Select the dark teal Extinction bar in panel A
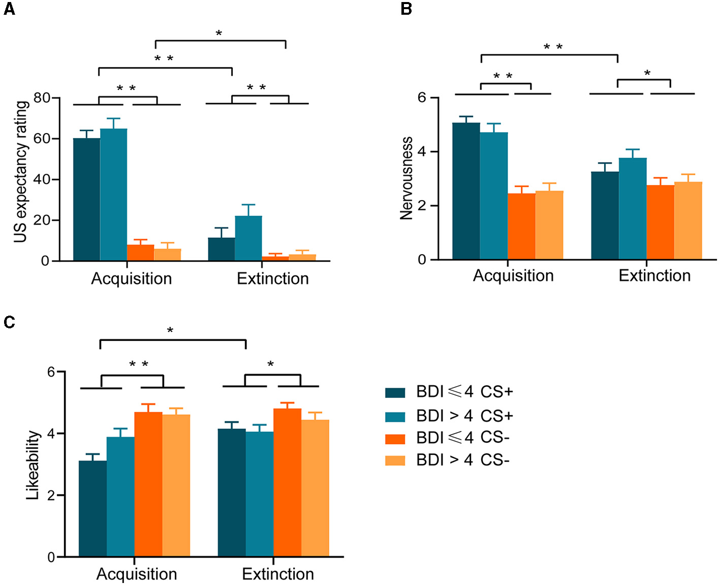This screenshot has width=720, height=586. [x=221, y=249]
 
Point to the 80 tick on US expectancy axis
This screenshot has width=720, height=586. [x=42, y=98]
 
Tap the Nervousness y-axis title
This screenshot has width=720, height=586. [x=406, y=178]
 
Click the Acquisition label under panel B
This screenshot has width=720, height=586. [x=513, y=275]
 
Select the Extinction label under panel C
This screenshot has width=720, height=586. [x=277, y=574]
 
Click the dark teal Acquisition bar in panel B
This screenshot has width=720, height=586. [x=466, y=191]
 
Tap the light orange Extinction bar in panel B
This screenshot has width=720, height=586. [x=688, y=221]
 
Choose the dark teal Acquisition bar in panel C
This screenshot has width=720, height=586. [x=92, y=508]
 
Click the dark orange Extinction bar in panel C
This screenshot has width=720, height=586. [x=287, y=482]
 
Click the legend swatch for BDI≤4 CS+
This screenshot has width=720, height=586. [x=395, y=392]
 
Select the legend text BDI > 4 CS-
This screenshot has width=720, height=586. [x=462, y=460]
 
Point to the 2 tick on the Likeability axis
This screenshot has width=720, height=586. [x=51, y=496]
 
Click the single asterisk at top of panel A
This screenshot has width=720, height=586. [x=219, y=34]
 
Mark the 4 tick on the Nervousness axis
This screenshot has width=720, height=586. [x=422, y=152]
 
